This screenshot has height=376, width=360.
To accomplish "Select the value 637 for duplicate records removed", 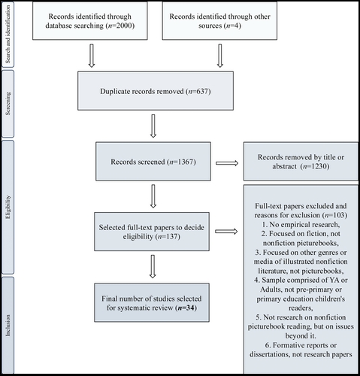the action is (201, 91).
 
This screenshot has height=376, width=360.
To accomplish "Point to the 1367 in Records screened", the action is (185, 162).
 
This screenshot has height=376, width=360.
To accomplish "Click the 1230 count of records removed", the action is (319, 166).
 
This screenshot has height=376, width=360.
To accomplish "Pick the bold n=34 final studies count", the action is (186, 308).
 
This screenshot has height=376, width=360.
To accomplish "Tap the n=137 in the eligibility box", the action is (168, 236).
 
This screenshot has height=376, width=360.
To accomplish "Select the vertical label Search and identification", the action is (8, 35).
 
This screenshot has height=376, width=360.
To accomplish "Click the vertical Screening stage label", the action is (8, 104).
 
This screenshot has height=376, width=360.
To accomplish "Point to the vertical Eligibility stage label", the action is (8, 207).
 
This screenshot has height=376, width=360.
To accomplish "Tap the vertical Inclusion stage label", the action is (8, 326).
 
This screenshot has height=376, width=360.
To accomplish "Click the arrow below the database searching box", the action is (92, 56).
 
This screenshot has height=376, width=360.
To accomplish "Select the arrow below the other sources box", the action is (220, 56).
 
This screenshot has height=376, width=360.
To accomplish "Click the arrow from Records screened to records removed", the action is (227, 163).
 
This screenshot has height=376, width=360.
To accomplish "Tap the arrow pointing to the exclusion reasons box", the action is (226, 232).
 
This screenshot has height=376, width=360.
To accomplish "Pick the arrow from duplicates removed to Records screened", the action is (153, 126).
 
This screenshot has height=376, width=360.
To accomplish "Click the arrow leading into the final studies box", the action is (153, 266).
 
